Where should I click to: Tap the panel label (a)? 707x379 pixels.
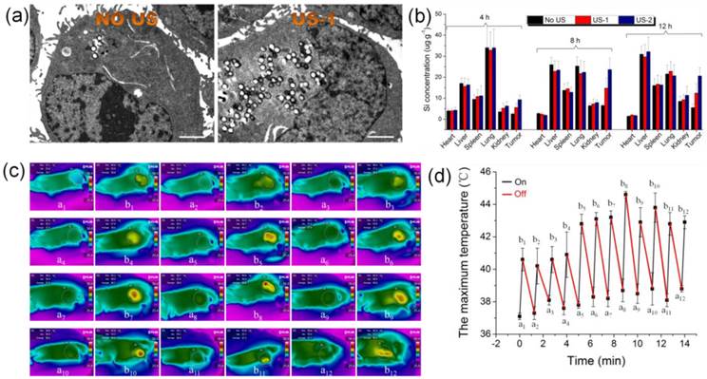coord(14,14)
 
